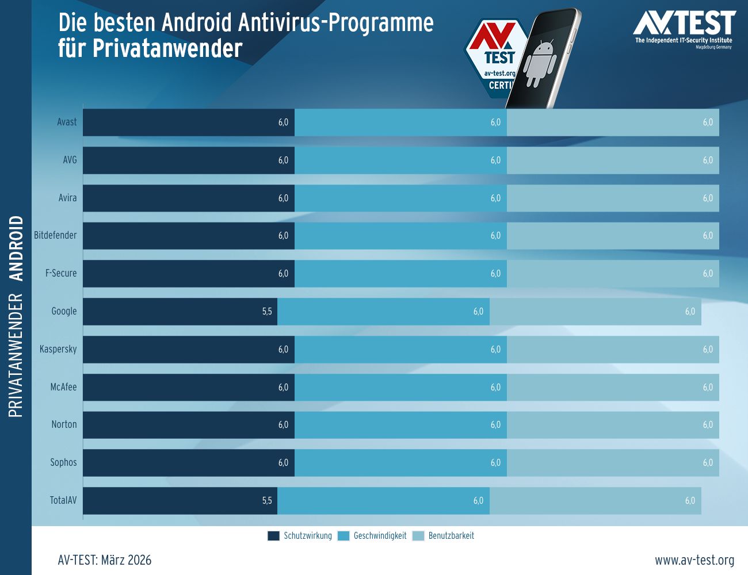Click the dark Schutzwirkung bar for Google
[x=180, y=312]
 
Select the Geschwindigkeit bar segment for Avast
[x=400, y=122]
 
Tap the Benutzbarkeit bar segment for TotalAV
[x=595, y=501]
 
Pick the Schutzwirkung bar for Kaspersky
[x=188, y=350]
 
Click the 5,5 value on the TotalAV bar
[x=267, y=501]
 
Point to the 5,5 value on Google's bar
[x=267, y=312]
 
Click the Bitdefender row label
[x=55, y=235]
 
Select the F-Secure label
[x=61, y=273]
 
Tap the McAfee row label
[x=63, y=387]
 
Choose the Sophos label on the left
[x=63, y=462]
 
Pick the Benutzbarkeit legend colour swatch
[x=418, y=536]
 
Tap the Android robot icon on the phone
[x=540, y=63]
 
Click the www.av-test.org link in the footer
[x=694, y=560]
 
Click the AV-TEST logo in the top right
[x=684, y=29]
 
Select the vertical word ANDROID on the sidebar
[x=17, y=248]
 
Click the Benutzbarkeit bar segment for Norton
[x=613, y=425]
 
